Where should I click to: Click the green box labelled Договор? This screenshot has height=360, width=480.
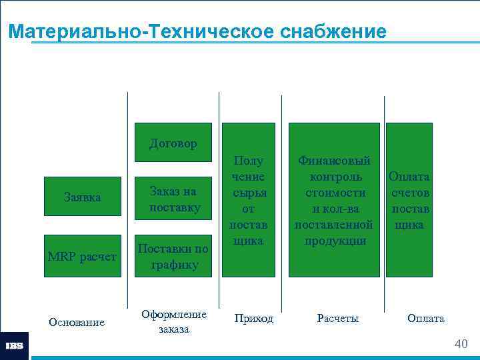tap(173, 143)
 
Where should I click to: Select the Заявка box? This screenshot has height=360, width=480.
tap(83, 197)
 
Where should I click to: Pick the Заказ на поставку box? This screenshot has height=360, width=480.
tap(173, 199)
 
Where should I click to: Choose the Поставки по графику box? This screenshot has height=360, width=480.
tap(173, 256)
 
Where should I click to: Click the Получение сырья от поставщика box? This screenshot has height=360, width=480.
tap(248, 199)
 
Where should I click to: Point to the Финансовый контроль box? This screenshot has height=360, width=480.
tap(334, 199)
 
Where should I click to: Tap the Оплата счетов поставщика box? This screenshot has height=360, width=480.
tap(409, 199)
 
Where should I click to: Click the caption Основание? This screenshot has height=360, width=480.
tap(77, 322)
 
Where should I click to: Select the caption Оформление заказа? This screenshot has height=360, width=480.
tap(174, 321)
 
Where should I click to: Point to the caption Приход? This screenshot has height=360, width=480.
tap(253, 319)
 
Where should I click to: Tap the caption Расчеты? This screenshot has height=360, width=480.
tap(338, 319)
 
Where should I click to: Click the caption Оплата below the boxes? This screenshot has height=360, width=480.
tap(425, 319)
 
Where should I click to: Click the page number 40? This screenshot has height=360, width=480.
tap(461, 343)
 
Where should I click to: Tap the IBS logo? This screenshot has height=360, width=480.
tap(14, 346)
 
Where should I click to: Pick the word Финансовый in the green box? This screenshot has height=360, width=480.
tap(334, 161)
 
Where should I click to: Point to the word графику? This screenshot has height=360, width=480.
tap(174, 265)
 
